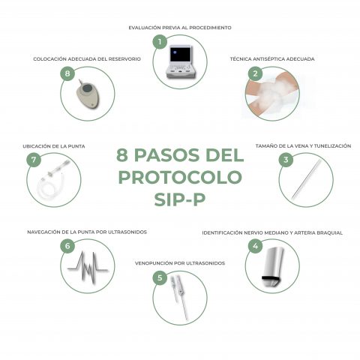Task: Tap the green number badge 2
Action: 256,73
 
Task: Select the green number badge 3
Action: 286,160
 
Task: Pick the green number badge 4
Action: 256,246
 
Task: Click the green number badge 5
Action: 159,277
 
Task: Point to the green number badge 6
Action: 67,246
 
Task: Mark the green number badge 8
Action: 67,73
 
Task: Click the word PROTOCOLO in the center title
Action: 180,178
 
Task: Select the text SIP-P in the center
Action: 180,201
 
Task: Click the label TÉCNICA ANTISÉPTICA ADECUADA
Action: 272,58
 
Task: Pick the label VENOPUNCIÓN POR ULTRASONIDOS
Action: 179,263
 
